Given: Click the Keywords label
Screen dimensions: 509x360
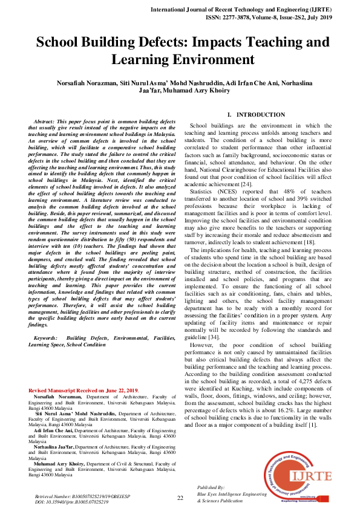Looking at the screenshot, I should [46, 337].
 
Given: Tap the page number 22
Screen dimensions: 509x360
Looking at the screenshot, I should [180, 498].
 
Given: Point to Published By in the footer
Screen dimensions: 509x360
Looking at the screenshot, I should [211, 487].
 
